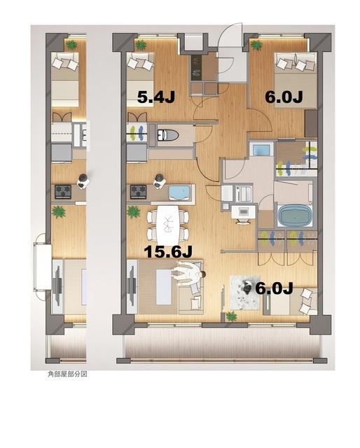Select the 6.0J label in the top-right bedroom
click(x=283, y=98)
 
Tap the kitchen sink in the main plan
click(x=180, y=192)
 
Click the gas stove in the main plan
click(x=137, y=190)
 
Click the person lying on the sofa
click(x=188, y=273)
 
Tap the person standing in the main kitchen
click(x=159, y=181)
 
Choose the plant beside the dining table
click(x=133, y=211)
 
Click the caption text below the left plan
click(x=67, y=374)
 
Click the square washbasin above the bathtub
click(x=261, y=150)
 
